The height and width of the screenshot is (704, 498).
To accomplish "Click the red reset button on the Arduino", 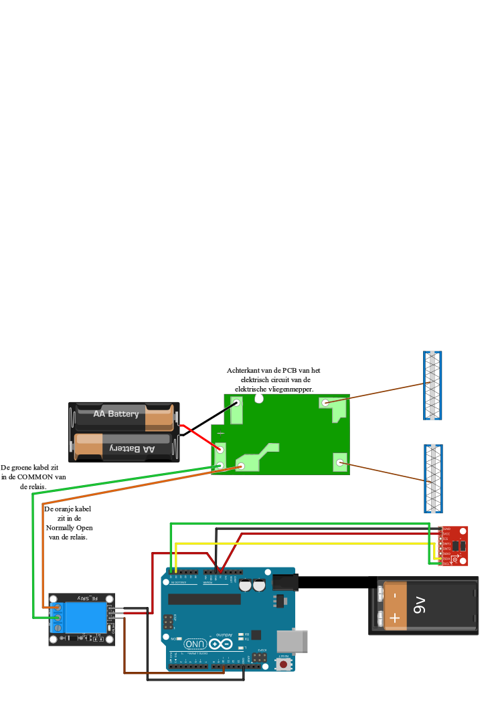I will [283, 665].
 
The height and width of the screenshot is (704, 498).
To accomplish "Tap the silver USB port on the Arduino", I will [293, 640].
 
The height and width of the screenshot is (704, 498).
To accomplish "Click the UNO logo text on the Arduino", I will [195, 644].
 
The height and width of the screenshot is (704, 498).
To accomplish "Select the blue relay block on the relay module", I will [85, 617].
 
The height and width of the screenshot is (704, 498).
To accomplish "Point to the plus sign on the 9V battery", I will [395, 618].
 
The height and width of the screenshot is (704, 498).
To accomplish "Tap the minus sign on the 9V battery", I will [395, 594].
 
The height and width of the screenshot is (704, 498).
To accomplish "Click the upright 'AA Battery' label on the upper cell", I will [116, 414].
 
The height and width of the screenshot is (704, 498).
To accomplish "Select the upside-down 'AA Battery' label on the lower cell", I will [132, 449].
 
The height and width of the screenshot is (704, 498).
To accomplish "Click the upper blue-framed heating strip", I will [432, 385].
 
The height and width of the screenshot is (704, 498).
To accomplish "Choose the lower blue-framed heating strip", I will [433, 478].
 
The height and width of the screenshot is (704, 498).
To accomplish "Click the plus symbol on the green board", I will [220, 434].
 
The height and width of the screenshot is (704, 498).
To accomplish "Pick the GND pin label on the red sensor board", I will [446, 529].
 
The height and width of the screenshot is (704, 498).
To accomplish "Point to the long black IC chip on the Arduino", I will [204, 599].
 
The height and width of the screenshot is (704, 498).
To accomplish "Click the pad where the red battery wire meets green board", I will [220, 449].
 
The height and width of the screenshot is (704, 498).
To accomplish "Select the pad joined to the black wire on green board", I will [236, 403].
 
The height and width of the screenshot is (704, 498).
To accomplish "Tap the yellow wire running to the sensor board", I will [301, 543].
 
